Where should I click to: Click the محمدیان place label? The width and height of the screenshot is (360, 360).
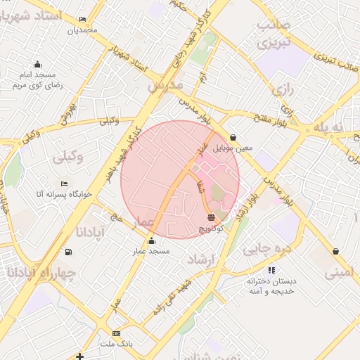click(82, 30)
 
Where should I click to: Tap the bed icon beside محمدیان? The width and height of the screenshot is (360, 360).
click(82, 20)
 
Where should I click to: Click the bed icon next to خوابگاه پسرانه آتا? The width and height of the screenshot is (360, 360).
click(65, 184)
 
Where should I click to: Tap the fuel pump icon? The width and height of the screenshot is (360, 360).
click(67, 252)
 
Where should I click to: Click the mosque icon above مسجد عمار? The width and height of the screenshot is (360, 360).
click(150, 241)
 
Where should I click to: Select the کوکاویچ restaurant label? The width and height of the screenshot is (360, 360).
click(211, 229)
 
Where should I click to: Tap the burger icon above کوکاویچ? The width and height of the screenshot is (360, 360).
click(211, 218)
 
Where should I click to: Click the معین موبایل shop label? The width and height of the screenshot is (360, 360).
click(233, 148)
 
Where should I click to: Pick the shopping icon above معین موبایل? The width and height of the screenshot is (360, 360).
click(233, 138)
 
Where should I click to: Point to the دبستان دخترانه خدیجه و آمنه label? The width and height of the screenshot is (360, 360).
click(271, 285)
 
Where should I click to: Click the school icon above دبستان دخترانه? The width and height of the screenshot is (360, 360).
click(271, 269)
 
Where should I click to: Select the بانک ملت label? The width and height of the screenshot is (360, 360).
click(116, 343)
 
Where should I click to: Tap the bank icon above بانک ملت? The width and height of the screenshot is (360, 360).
click(116, 333)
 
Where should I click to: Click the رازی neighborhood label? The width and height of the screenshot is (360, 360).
click(283, 90)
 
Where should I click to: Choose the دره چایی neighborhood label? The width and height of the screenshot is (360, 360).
click(261, 249)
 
